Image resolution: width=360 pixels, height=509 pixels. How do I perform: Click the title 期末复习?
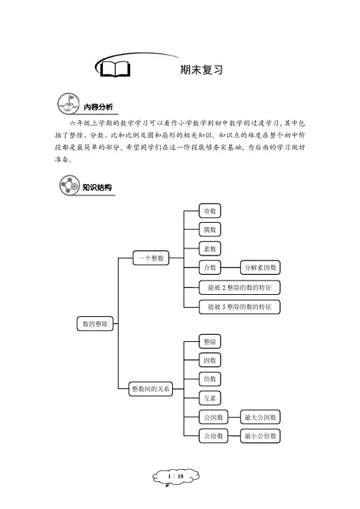(x=201, y=69)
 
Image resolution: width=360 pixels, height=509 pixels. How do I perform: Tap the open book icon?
(x=115, y=69)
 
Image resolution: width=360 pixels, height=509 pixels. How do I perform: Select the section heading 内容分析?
(x=98, y=107)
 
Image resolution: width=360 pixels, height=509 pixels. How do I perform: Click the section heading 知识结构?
(x=97, y=187)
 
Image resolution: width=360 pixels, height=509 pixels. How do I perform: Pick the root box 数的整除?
(x=95, y=323)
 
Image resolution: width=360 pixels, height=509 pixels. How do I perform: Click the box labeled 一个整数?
(x=151, y=258)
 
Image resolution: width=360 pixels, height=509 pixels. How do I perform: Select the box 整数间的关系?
(x=151, y=388)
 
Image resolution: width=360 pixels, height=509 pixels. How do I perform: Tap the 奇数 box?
(x=210, y=211)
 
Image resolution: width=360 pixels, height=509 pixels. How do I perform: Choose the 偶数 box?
(x=210, y=230)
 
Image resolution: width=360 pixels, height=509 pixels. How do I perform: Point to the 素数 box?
(x=210, y=249)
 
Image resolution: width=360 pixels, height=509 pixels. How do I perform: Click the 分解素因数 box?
(x=260, y=268)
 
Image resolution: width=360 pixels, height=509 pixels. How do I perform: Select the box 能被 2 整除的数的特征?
(x=239, y=287)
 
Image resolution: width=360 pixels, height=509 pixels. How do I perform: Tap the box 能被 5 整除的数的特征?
(x=239, y=306)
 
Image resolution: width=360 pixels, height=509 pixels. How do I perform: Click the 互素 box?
(x=210, y=398)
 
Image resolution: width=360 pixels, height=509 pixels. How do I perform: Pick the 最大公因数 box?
(x=260, y=417)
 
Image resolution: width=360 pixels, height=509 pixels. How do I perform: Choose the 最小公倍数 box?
(x=260, y=436)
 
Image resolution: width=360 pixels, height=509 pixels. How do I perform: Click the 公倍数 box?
(x=214, y=436)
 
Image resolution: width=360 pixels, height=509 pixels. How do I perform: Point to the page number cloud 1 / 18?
(x=176, y=477)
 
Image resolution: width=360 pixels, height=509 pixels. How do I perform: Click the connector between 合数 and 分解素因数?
(x=231, y=268)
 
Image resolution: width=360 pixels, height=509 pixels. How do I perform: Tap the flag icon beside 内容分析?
(x=69, y=104)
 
